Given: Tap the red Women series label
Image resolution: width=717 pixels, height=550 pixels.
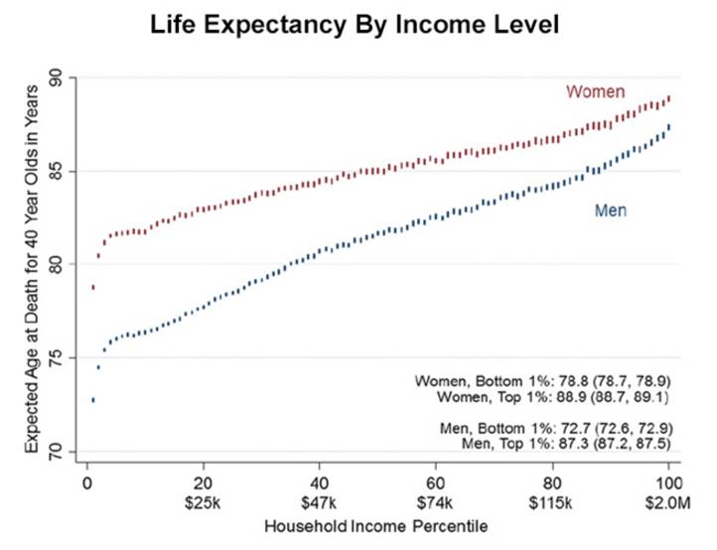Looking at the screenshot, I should pyautogui.click(x=595, y=92).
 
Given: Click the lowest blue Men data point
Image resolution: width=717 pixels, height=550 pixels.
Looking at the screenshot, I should pyautogui.click(x=92, y=400).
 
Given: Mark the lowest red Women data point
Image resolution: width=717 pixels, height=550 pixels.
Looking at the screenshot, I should pyautogui.click(x=92, y=287).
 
